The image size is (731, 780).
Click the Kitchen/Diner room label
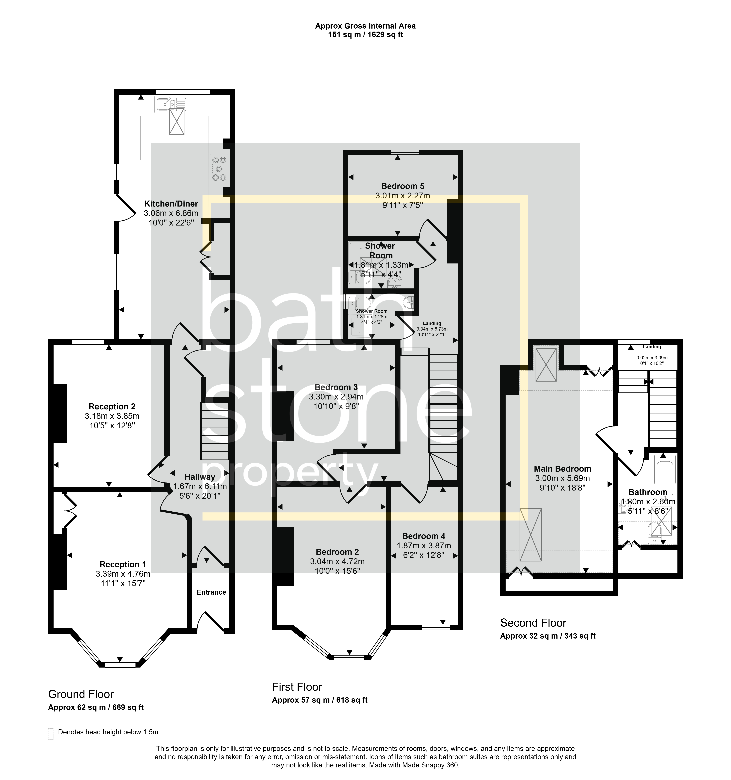(171, 204)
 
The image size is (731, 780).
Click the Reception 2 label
(112, 406)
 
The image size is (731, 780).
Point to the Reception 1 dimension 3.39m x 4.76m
(123, 574)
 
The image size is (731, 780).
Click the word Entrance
(211, 592)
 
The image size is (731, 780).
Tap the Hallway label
(200, 477)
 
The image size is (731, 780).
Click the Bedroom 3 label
(336, 387)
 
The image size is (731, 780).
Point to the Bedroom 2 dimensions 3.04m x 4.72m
(337, 561)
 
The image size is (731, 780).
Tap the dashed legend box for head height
(50, 734)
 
